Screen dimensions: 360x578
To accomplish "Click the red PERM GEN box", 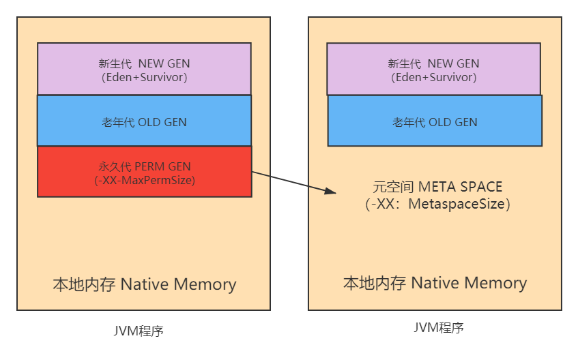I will click(144, 172).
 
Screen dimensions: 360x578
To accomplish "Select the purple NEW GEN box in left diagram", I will click(144, 68).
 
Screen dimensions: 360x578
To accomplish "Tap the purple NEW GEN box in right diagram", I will click(433, 68).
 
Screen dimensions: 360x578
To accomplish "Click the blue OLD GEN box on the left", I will click(144, 121).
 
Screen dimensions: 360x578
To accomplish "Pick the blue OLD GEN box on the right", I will click(435, 121).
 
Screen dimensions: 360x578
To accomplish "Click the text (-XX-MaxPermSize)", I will click(145, 181).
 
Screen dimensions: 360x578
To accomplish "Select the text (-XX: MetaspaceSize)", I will click(437, 204).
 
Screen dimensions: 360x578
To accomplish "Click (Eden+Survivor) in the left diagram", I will click(144, 78).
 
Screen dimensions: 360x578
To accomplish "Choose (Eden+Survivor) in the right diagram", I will click(434, 78).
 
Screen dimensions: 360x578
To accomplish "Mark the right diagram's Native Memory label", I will click(469, 283).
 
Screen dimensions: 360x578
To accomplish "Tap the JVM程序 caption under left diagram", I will click(139, 331).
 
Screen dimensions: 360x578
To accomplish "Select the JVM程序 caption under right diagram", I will click(439, 327).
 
